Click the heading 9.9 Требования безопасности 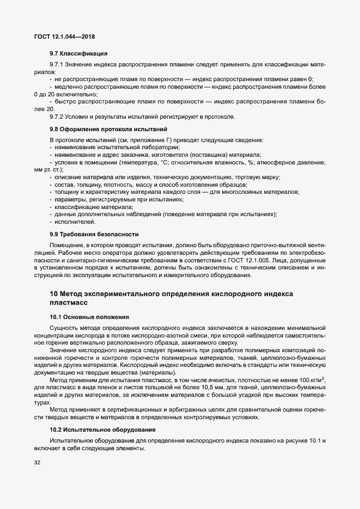[x=94, y=234]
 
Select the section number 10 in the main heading [x=53, y=294]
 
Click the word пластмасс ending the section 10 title [x=68, y=302]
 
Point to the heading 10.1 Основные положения [x=89, y=316]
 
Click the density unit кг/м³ [x=318, y=379]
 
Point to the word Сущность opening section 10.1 [x=63, y=328]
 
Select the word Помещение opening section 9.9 [x=66, y=246]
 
